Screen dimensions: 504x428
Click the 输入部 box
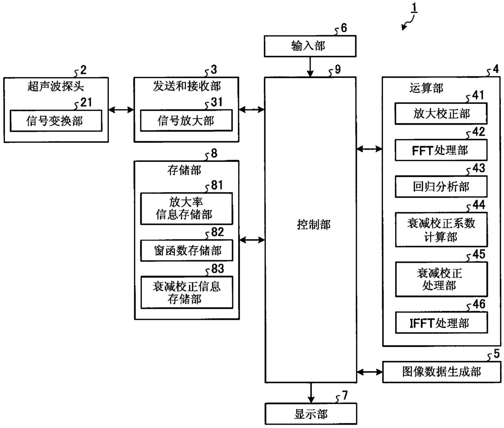pos(310,46)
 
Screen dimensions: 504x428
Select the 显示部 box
pos(311,414)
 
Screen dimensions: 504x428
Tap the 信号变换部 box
pos(56,121)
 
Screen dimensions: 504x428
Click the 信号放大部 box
pos(186,120)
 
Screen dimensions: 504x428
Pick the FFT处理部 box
pos(441,150)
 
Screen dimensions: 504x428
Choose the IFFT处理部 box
pos(441,323)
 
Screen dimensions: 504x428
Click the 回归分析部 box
pos(441,186)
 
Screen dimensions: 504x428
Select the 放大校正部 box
pos(441,114)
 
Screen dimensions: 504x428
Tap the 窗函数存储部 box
pos(187,251)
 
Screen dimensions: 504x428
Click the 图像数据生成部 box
pos(441,372)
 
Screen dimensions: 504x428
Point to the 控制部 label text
pos(313,225)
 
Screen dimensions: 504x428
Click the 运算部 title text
pos(426,88)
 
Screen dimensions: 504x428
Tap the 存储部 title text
pos(184,170)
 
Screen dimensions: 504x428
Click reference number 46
pos(479,304)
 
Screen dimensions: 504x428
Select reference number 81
pos(217,185)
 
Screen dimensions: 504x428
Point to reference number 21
pos(86,103)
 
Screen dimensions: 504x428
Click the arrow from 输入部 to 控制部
pos(310,67)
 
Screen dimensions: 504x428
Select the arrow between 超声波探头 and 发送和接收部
pos(121,110)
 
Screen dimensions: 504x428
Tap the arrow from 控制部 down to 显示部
pos(311,393)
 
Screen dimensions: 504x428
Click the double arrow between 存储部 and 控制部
pos(252,240)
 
